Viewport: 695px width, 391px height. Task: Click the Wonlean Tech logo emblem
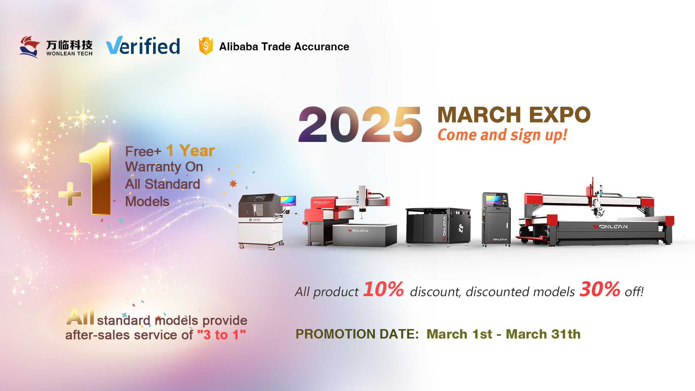[x=30, y=47]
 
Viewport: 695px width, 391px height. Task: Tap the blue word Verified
[x=143, y=46]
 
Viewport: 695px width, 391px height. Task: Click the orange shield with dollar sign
[x=206, y=46]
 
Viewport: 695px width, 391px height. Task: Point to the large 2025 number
[x=360, y=124]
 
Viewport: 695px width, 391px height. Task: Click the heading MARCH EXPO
[x=514, y=115]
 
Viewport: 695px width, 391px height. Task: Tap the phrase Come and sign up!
[x=502, y=135]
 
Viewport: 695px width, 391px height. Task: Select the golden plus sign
[x=70, y=194]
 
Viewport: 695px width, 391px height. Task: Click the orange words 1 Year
[x=190, y=151]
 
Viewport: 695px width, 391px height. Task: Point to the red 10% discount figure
[x=383, y=289]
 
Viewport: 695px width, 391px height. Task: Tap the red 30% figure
[x=600, y=289]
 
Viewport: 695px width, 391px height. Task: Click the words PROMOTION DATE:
[x=357, y=334]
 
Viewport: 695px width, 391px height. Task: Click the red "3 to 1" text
[x=222, y=335]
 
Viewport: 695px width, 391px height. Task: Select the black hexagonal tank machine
[x=438, y=227]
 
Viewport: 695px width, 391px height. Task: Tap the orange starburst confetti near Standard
[x=233, y=184]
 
